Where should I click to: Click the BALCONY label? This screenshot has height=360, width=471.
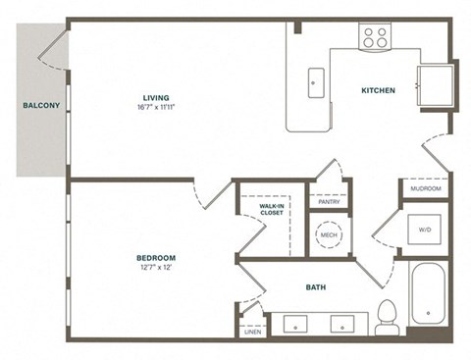pos(36,105)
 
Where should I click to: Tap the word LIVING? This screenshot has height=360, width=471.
pos(155,98)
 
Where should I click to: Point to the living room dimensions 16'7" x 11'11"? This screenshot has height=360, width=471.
pos(155,110)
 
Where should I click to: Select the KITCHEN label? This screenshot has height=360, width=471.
pos(378,90)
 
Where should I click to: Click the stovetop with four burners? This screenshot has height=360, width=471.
pos(375,37)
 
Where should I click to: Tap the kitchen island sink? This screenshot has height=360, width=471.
pos(314,81)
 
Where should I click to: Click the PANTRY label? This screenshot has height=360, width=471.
pos(328,200)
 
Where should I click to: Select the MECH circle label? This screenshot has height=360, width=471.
pos(328,235)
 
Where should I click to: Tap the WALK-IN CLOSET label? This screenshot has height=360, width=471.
pos(272,208)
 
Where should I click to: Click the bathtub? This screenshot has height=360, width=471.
pos(428,292)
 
